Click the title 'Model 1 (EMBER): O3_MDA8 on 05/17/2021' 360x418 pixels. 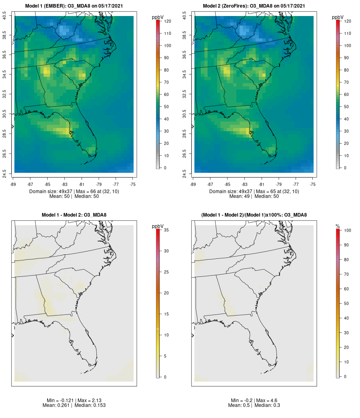click(x=74, y=6)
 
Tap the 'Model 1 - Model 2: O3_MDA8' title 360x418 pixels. click(x=74, y=215)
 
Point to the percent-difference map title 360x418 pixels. click(x=254, y=215)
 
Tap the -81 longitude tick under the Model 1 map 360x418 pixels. click(x=82, y=184)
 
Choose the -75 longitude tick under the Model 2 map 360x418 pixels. click(x=313, y=184)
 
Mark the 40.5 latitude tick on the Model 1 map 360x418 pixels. click(x=4, y=16)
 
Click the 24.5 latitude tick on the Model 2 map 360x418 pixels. click(x=184, y=173)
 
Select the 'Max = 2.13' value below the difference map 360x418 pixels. click(x=84, y=400)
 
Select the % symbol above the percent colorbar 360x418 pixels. click(x=338, y=226)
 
